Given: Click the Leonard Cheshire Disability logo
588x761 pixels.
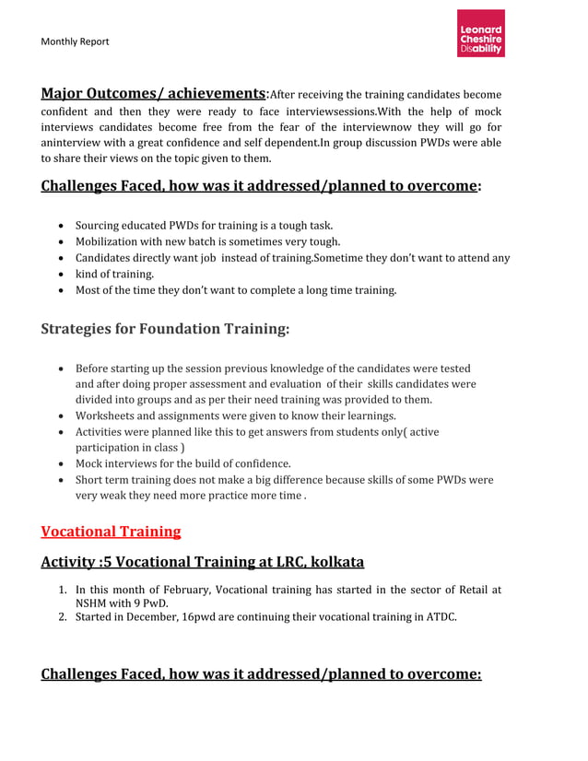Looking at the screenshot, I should [x=481, y=34].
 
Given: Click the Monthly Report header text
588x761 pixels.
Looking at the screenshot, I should [x=75, y=41].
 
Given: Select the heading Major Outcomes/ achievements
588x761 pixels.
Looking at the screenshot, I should [x=153, y=94].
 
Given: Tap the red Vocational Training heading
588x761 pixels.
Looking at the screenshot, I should [x=111, y=532].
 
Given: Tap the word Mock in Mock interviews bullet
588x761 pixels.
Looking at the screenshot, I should [x=90, y=463].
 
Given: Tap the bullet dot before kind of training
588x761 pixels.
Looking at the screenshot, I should [x=61, y=275].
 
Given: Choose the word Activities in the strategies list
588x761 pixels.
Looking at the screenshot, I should [x=102, y=431].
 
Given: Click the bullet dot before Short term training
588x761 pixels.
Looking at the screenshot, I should [x=61, y=480].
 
